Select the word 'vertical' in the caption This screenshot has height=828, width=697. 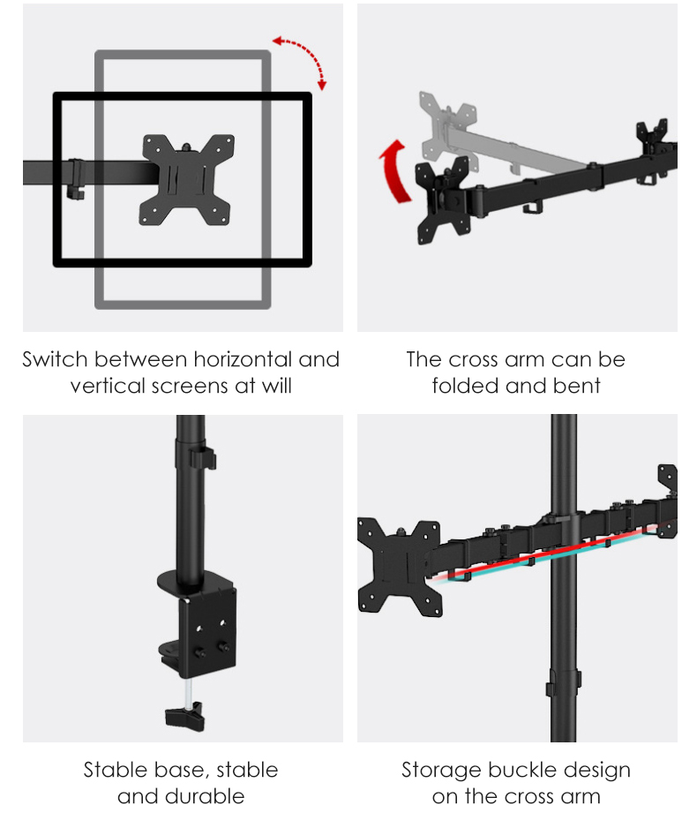click(103, 386)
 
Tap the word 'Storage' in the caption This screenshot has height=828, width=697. click(437, 770)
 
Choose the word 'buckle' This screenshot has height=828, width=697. click(515, 770)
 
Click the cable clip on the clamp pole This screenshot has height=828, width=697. click(203, 459)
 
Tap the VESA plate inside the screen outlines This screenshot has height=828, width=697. click(186, 177)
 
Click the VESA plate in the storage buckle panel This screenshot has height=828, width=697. click(399, 565)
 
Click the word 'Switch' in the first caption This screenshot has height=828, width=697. click(55, 360)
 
